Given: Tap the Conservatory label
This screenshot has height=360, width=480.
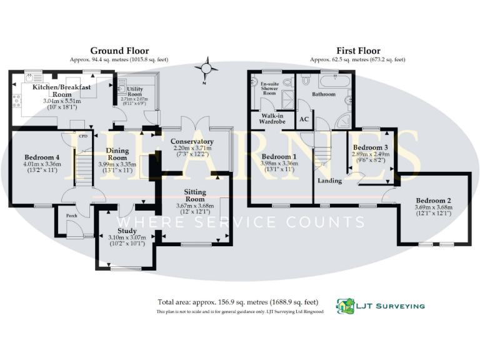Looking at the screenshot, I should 192,141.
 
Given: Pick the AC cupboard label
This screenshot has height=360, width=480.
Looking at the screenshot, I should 305,119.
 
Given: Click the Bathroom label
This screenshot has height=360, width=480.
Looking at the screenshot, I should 324,94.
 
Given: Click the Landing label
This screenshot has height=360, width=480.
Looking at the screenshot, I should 330,181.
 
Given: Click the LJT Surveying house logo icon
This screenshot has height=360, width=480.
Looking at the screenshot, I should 345,306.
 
